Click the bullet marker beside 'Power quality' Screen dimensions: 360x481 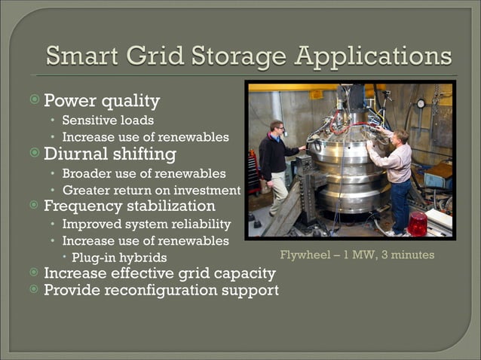click(35, 100)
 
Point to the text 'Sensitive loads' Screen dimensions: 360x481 click(108, 120)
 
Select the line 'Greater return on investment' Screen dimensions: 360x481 click(151, 191)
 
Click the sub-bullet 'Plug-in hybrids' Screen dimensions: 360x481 click(119, 258)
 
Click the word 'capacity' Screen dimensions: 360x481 click(240, 273)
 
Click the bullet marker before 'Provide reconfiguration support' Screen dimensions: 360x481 click(35, 290)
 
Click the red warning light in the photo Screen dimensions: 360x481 click(417, 224)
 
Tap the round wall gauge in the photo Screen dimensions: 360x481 click(420, 103)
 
